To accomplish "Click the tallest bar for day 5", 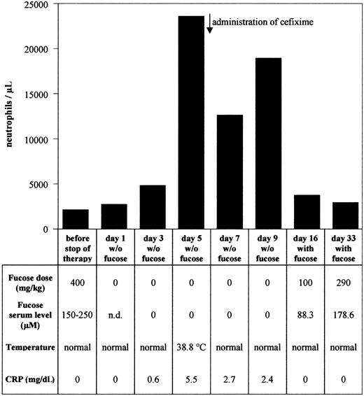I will pyautogui.click(x=191, y=122).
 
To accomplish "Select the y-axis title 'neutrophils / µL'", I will pyautogui.click(x=9, y=116).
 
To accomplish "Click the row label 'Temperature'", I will pyautogui.click(x=31, y=345).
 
